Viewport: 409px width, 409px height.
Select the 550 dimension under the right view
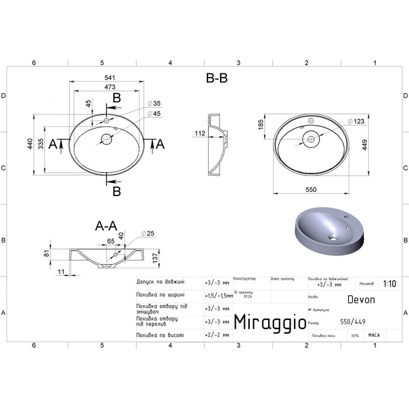pos(311,189)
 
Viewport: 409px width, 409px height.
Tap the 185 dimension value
pos(260,125)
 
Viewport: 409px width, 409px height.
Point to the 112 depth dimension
pos(200,133)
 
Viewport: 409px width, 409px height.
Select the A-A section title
pos(106,226)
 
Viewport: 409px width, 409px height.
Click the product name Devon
pos(361,299)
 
